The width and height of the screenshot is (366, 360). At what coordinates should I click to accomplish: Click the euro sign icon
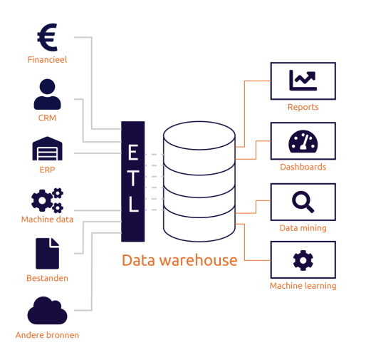47,36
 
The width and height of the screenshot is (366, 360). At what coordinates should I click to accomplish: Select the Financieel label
47,60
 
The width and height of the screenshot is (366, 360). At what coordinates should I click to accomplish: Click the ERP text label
47,170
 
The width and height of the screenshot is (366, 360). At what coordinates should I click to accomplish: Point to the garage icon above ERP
47,149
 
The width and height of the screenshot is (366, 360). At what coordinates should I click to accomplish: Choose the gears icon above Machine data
47,200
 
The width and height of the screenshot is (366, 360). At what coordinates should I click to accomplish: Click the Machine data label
47,220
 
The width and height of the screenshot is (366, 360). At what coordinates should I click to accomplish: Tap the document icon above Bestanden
47,253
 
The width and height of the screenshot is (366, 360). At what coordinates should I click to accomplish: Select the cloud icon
47,311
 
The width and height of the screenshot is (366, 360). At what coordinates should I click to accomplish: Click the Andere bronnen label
47,335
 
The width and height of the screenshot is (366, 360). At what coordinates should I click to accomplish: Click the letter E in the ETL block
133,152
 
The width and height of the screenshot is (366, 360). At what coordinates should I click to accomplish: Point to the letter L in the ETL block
133,205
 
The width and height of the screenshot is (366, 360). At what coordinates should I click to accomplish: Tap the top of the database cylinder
199,135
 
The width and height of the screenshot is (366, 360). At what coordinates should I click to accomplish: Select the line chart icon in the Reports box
303,81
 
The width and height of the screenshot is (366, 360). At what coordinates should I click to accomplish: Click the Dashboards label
303,167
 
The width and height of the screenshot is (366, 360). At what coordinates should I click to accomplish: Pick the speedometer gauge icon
303,141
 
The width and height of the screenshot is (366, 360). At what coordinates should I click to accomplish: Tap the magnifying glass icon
303,202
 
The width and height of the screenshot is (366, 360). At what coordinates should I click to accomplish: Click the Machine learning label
303,286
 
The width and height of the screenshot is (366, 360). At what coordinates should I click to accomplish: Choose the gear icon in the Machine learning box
303,260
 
